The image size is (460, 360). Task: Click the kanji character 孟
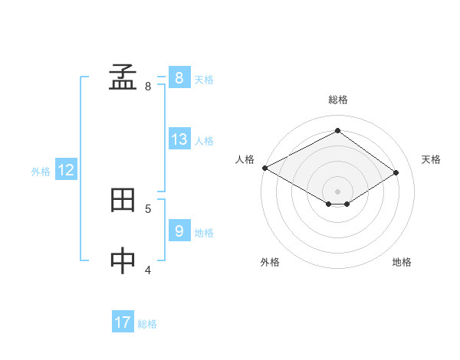tap(123, 77)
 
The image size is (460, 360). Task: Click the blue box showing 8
tap(179, 77)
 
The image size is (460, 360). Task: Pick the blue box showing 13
tap(179, 139)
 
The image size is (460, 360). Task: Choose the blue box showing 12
tap(66, 170)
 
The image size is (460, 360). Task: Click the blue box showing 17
tap(123, 322)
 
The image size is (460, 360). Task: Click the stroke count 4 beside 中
tap(148, 269)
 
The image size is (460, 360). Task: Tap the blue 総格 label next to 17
tap(147, 324)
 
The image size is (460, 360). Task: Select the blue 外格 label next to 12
tap(41, 172)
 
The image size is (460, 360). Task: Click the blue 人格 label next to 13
tap(204, 141)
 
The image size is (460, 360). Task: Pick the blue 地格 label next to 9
tap(204, 232)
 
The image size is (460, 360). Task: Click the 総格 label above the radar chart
tap(338, 100)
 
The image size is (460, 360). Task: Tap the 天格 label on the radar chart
tap(432, 159)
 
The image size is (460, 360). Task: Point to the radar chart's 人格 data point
tap(264, 168)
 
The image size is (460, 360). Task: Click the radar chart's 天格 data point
tap(396, 173)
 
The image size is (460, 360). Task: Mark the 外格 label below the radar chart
tap(270, 262)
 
